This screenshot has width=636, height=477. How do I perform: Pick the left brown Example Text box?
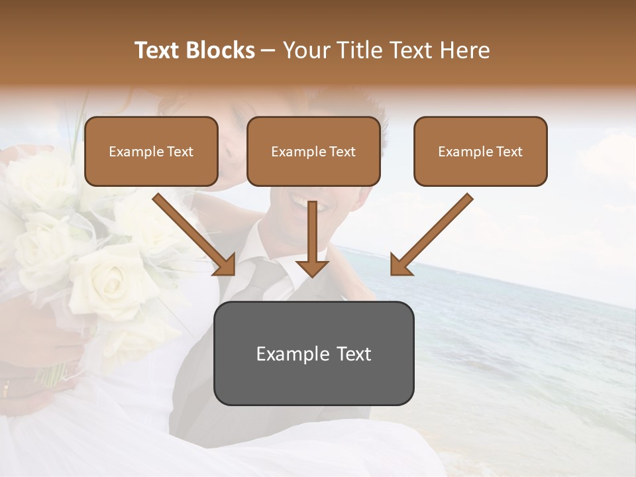click(151, 151)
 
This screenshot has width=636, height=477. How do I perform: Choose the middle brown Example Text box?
click(313, 151)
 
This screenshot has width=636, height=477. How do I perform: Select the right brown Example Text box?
click(480, 151)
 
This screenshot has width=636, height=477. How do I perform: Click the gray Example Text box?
click(313, 353)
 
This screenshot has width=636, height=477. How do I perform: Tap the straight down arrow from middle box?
click(313, 238)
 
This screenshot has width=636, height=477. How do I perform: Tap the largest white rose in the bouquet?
click(106, 278)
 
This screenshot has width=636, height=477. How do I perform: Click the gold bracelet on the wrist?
click(7, 388)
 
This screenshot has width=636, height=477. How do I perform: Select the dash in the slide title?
click(268, 51)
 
